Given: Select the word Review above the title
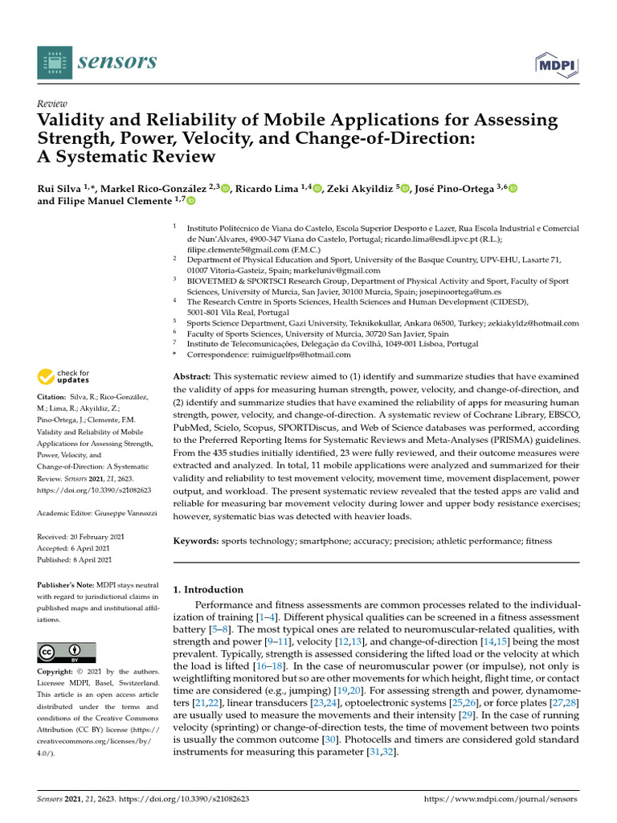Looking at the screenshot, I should tap(52, 104).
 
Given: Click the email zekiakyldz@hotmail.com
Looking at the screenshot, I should tap(526, 323).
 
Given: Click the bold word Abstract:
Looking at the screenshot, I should tap(192, 377).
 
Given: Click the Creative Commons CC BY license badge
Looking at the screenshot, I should tap(67, 652).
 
